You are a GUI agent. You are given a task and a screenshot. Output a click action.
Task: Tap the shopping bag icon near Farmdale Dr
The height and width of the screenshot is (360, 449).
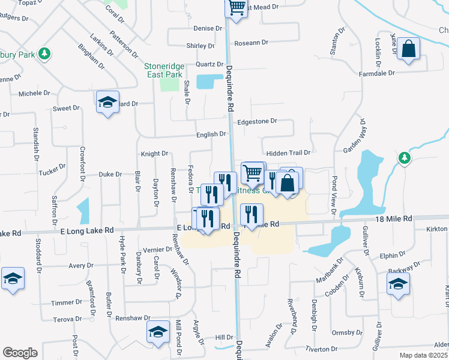pyautogui.click(x=408, y=50)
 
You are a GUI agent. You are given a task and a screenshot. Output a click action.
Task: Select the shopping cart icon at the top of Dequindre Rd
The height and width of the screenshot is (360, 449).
pyautogui.click(x=236, y=8)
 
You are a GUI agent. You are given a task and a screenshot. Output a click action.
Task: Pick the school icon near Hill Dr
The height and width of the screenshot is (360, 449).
pyautogui.click(x=158, y=331)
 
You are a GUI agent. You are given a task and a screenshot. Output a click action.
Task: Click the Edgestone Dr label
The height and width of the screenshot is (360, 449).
pyautogui.click(x=257, y=121)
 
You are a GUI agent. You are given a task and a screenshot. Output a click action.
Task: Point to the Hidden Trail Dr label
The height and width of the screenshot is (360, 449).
pyautogui.click(x=288, y=154)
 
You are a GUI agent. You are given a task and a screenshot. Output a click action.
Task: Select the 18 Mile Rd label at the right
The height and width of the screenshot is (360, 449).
pyautogui.click(x=394, y=220)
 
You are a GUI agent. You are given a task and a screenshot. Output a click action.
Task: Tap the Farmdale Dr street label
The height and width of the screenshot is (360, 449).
pyautogui.click(x=376, y=73)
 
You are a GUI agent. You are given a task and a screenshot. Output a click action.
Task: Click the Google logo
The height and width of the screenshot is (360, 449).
pyautogui.click(x=20, y=353)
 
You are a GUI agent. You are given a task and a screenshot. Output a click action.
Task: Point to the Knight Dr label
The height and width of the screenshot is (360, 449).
pyautogui.click(x=154, y=154)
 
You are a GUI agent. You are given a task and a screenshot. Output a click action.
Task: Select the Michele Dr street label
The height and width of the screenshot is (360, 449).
pyautogui.click(x=34, y=93)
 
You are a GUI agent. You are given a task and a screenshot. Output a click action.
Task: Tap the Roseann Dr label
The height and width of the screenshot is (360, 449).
pyautogui.click(x=251, y=43)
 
